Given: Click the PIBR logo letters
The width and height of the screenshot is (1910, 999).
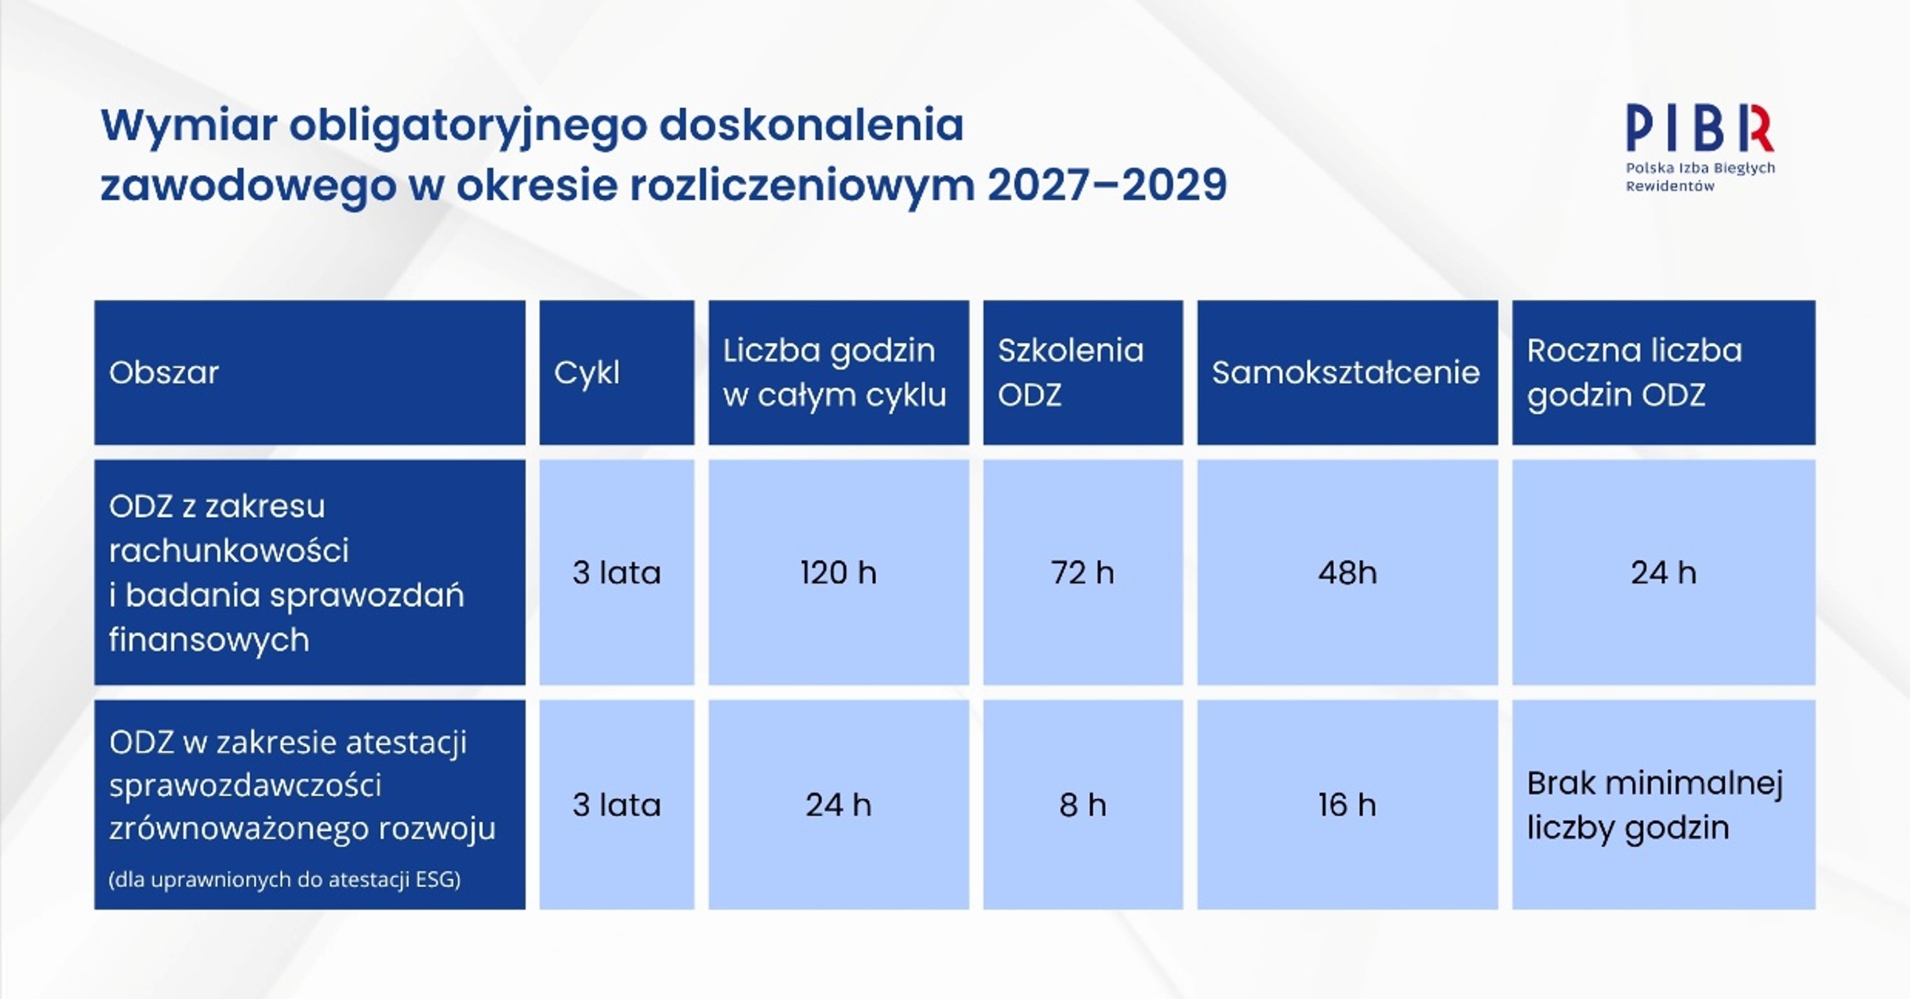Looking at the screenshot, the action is click(1700, 128).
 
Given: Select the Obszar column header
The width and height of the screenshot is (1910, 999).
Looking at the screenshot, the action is click(310, 372).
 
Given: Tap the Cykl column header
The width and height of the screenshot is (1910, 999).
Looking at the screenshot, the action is click(617, 372).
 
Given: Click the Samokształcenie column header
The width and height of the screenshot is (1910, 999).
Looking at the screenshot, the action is click(1347, 372).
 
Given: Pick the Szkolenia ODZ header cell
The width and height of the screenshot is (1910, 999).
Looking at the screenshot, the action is click(1082, 372).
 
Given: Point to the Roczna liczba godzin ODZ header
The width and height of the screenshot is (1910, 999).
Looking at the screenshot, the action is click(1664, 372).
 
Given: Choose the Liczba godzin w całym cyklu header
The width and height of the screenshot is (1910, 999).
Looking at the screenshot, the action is click(839, 372).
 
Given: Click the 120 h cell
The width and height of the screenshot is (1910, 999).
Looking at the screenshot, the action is click(839, 572).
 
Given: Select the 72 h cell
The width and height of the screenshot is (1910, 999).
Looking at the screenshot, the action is click(1082, 572).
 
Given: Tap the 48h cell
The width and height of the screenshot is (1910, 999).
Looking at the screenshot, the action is click(1347, 572).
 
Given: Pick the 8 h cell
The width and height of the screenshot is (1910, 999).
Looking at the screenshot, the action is click(1082, 805).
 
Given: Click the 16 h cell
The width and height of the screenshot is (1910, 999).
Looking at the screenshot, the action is click(1347, 805).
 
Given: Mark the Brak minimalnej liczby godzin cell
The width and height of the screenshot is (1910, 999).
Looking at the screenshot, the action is click(1664, 805).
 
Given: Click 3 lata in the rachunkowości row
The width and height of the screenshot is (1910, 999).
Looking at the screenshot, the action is click(617, 572).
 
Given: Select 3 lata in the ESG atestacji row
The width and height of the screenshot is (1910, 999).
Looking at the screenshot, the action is click(617, 805).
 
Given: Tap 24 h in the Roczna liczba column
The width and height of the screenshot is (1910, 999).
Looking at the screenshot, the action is click(1664, 572).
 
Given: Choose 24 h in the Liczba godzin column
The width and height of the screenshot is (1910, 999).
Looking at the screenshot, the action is click(839, 805).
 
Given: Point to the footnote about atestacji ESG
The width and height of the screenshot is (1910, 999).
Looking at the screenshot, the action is click(285, 880).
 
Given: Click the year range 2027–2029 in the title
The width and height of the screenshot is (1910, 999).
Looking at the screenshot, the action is click(1107, 186).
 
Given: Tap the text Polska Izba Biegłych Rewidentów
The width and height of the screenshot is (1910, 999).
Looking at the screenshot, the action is click(1700, 177).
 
